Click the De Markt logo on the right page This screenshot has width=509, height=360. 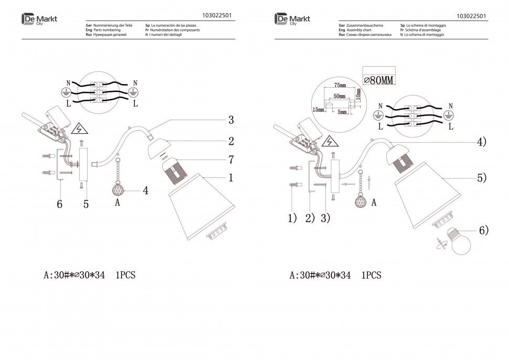[292, 19]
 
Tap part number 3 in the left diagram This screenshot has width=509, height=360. [230, 120]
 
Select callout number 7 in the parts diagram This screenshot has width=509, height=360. [230, 159]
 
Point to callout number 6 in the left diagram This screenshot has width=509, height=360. [60, 205]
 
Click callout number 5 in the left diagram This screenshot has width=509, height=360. [86, 205]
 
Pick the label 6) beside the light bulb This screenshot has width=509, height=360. [483, 229]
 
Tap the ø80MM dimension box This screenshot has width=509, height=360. [378, 79]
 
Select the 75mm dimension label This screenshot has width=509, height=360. [341, 86]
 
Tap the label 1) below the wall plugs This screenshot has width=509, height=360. [292, 217]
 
